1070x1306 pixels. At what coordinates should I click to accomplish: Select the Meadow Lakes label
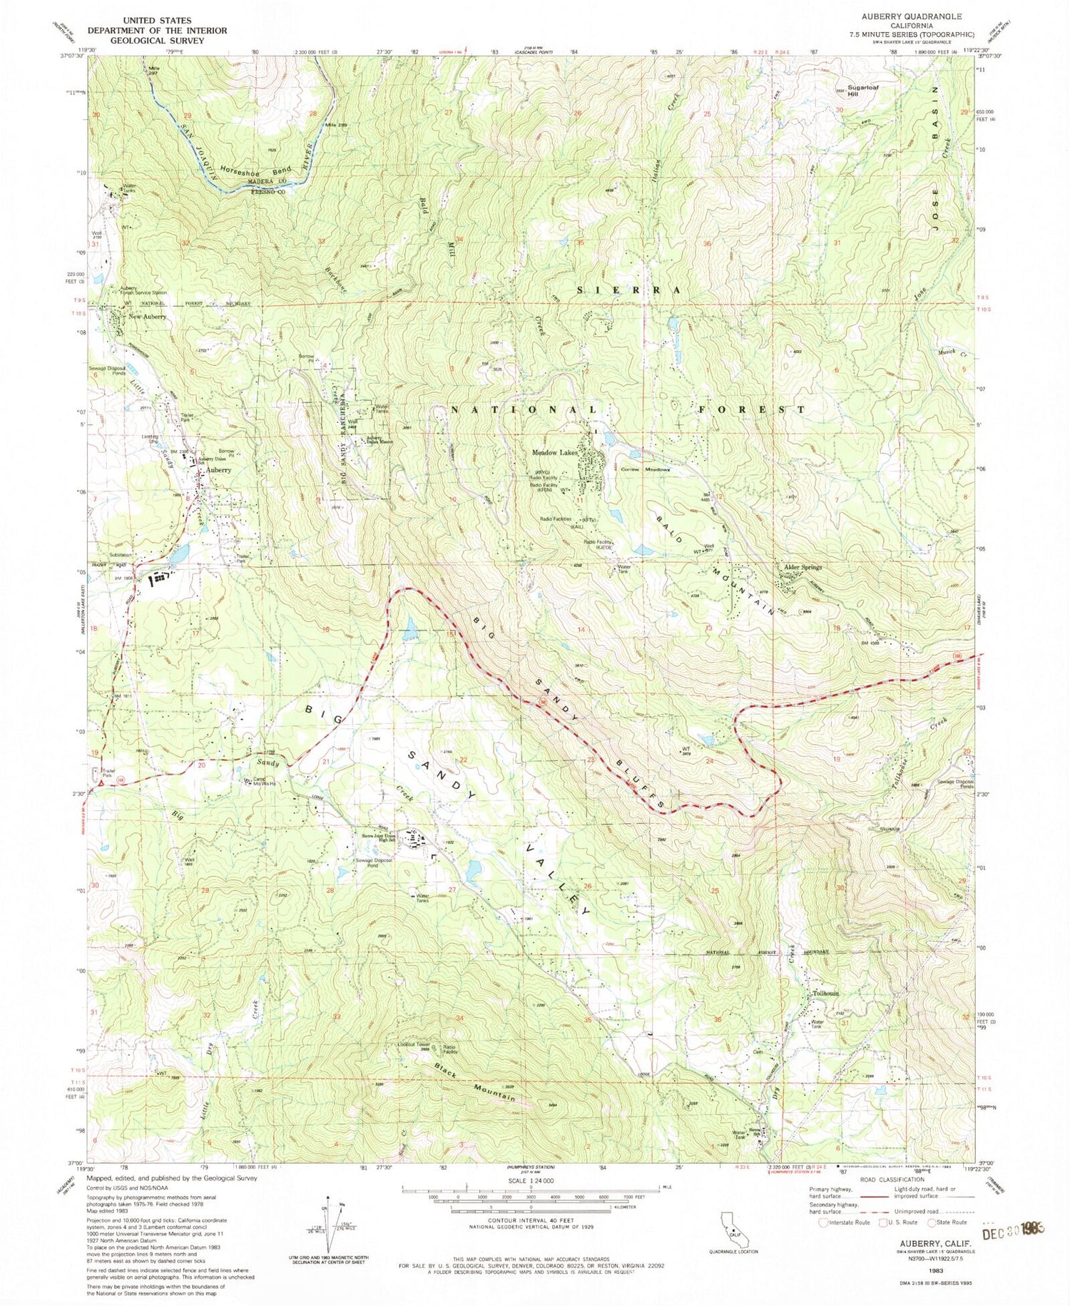554,452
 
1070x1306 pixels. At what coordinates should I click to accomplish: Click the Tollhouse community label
825,993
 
